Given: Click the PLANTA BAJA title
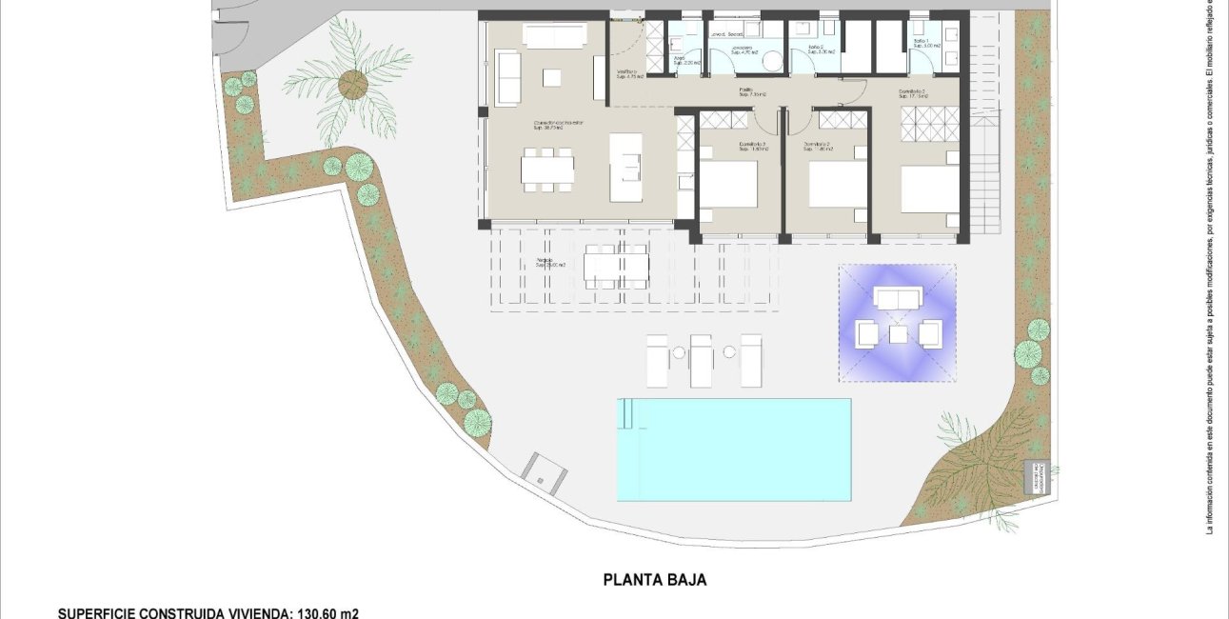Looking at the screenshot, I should coord(655,579).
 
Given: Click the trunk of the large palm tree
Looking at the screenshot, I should coord(352,83).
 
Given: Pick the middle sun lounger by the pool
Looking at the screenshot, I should coord(702,360).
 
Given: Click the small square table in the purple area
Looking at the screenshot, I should coord(898,334).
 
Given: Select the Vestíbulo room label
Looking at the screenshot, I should coord(625,73).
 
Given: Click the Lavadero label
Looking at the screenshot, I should coord(743,49).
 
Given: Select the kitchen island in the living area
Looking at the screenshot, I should coord(626,166).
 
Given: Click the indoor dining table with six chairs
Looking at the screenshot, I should coord(547,170).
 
